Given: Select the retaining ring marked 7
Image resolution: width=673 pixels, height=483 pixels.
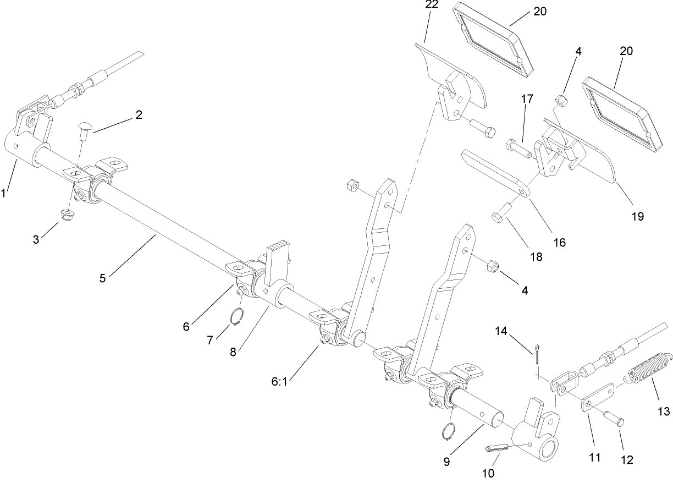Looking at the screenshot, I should click(236, 317).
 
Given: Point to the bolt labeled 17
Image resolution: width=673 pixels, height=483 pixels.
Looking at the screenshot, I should click(516, 147).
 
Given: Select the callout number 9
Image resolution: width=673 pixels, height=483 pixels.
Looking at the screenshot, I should click(446, 462).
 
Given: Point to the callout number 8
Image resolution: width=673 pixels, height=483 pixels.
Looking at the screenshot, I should click(233, 352).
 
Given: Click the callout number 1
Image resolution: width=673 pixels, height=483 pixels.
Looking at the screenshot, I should click(5, 193).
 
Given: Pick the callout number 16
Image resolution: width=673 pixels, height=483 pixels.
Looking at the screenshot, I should click(559, 241).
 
